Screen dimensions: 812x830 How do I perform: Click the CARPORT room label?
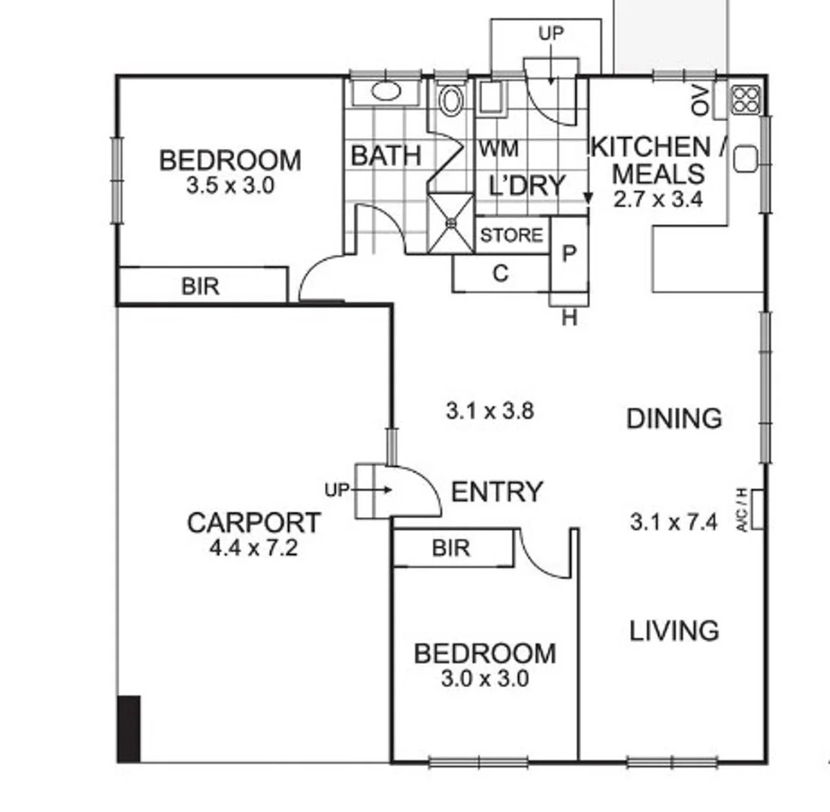click(x=253, y=523)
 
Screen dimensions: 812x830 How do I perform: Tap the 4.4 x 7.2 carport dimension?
click(x=253, y=548)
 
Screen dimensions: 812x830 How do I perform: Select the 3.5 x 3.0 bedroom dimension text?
click(x=230, y=186)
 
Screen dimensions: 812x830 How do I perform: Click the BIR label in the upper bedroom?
click(x=201, y=286)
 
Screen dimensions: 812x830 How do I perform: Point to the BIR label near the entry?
click(x=451, y=548)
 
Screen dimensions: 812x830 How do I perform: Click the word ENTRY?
click(x=496, y=492)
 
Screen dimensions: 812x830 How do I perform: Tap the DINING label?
click(x=674, y=418)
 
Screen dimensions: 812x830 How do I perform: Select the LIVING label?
click(x=674, y=630)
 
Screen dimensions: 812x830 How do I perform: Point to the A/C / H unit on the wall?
click(x=757, y=509)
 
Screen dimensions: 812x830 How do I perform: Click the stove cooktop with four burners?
click(x=746, y=100)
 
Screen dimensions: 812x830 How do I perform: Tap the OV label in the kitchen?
click(x=701, y=101)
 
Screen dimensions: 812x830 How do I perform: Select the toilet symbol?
click(x=451, y=101)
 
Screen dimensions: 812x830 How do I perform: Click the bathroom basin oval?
click(x=386, y=92)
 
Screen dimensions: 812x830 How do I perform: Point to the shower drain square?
click(x=451, y=223)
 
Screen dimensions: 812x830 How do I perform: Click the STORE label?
click(x=511, y=235)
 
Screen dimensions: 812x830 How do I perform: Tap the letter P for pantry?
click(x=569, y=253)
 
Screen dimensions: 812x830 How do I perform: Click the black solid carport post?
click(x=129, y=728)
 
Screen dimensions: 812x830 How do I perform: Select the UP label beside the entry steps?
click(x=337, y=490)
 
